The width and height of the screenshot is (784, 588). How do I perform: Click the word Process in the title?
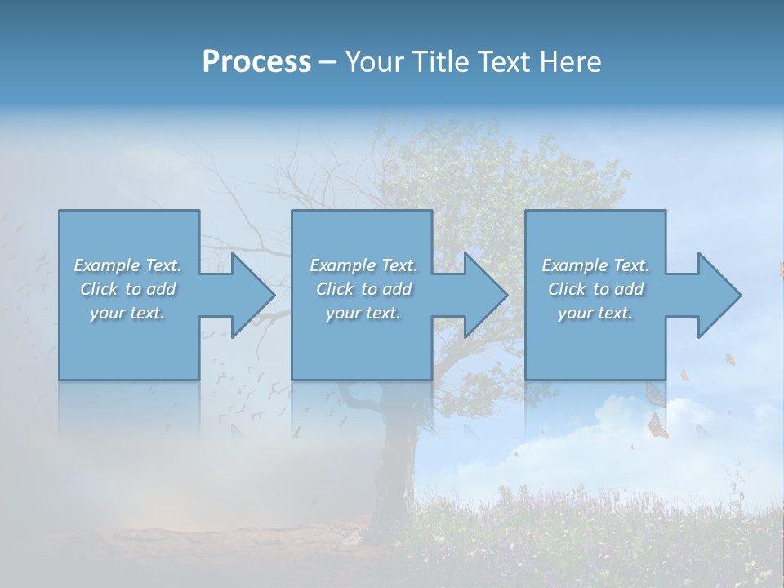tap(256, 61)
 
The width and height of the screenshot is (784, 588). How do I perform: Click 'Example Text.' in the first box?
tap(128, 265)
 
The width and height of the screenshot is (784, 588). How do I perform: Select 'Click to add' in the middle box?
tap(363, 289)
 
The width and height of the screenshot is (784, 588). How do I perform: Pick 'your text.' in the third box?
tap(595, 313)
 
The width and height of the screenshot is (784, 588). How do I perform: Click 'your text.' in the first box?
tap(128, 313)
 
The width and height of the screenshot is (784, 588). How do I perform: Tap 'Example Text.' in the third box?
tap(595, 265)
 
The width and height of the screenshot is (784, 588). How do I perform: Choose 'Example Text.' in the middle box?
tap(363, 265)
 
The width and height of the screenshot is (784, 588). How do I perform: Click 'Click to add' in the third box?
tap(595, 289)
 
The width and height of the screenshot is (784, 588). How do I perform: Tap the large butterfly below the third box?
tap(657, 425)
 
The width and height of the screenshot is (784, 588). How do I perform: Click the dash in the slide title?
tap(327, 63)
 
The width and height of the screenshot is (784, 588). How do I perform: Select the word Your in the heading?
tap(376, 61)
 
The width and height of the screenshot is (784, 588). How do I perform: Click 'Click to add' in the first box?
tap(128, 289)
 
